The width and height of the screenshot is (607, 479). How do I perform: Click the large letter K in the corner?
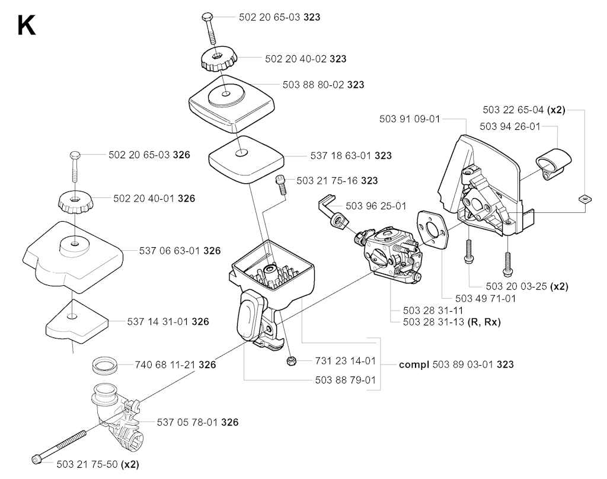pyautogui.click(x=26, y=26)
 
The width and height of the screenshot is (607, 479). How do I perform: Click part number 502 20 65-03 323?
pyautogui.click(x=280, y=17)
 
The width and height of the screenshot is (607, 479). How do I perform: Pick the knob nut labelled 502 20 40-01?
pyautogui.click(x=74, y=203)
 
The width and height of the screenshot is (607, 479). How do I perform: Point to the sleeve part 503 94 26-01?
pyautogui.click(x=553, y=164)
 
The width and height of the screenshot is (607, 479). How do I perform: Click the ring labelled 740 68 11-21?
pyautogui.click(x=106, y=366)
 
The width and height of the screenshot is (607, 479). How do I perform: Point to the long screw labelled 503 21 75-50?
pyautogui.click(x=59, y=446)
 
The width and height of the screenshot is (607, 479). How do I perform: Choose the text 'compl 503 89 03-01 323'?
pyautogui.click(x=456, y=365)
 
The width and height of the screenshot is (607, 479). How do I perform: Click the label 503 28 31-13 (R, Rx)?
pyautogui.click(x=452, y=322)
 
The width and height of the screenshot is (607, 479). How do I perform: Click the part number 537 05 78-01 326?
pyautogui.click(x=197, y=422)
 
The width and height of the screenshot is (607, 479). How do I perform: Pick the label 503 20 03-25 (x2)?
pyautogui.click(x=527, y=286)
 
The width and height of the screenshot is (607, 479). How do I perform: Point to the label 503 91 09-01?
pyautogui.click(x=410, y=119)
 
